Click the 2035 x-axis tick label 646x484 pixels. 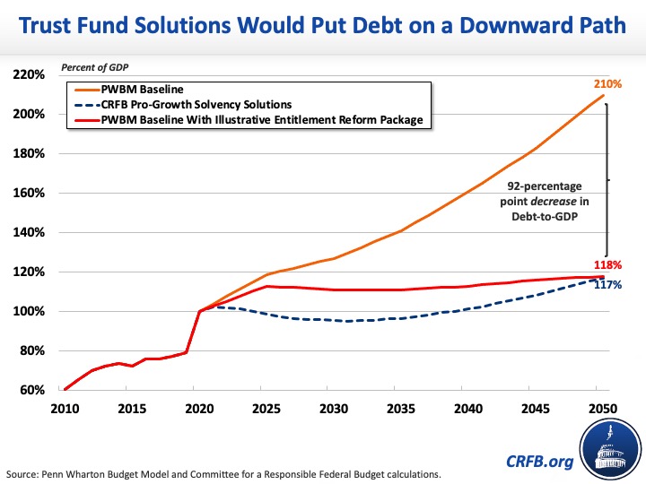pyautogui.click(x=400, y=410)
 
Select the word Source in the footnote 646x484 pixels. pyautogui.click(x=22, y=472)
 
